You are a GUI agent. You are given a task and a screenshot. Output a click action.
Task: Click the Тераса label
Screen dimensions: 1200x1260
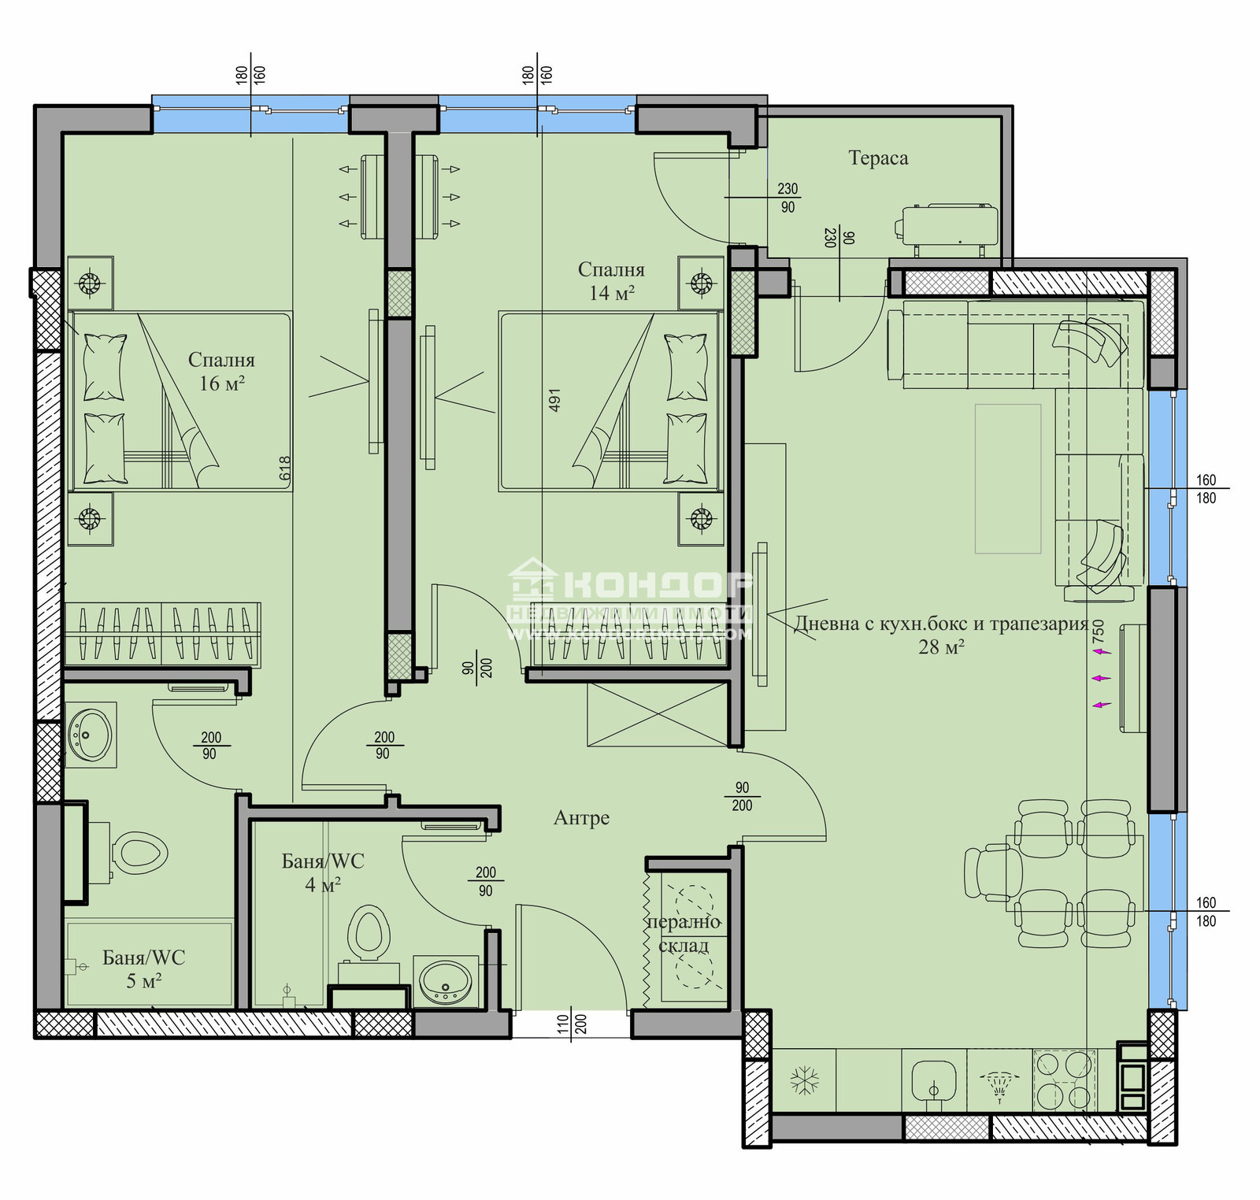(878, 158)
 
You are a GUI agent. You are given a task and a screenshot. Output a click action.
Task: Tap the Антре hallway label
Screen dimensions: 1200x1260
(581, 818)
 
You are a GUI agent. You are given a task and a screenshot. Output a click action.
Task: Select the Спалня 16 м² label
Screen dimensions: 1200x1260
(221, 372)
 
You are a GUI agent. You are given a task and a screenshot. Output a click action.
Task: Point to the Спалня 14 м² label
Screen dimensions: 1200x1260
(611, 281)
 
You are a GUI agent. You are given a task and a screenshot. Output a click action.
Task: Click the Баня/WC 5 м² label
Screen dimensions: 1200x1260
(143, 969)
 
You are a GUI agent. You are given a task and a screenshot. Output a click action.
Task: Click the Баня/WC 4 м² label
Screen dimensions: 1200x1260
(323, 872)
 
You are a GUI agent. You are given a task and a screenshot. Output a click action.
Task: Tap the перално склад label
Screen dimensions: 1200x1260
(684, 934)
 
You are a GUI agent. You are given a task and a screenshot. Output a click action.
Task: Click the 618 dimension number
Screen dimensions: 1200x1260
(285, 469)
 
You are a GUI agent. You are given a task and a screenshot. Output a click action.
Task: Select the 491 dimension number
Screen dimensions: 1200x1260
(554, 400)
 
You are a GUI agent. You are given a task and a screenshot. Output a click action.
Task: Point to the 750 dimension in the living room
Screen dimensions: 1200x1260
(1099, 632)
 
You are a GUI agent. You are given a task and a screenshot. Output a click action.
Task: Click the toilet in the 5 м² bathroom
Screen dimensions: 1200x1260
(140, 852)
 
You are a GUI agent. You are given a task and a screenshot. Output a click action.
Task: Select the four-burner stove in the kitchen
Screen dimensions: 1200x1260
(1064, 1081)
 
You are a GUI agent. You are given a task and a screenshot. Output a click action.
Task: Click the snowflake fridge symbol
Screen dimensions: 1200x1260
(805, 1080)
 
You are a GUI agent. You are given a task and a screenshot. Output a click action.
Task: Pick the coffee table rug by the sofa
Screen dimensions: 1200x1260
(1008, 479)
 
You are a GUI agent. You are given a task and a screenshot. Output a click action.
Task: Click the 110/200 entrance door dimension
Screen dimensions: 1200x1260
(572, 1024)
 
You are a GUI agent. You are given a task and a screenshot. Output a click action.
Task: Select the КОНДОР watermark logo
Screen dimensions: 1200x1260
(630, 587)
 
